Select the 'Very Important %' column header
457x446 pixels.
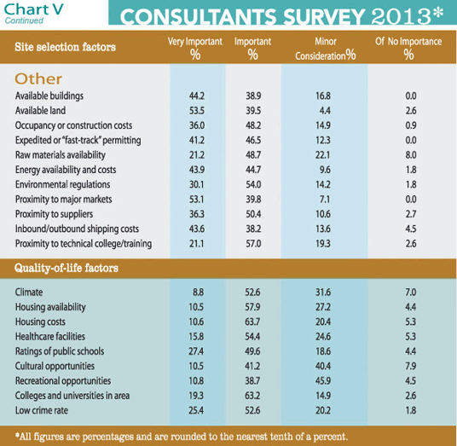[194, 48]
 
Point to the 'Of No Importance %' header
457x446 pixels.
[408, 48]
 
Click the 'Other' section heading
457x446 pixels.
[38, 78]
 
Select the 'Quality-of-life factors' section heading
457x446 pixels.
[67, 268]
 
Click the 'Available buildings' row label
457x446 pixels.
[49, 96]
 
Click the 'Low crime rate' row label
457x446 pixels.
[43, 409]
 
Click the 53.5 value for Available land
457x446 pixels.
[194, 111]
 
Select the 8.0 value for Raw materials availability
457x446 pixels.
[408, 154]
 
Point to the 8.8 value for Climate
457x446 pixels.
[196, 293]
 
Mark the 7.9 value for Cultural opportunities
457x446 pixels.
[408, 365]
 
